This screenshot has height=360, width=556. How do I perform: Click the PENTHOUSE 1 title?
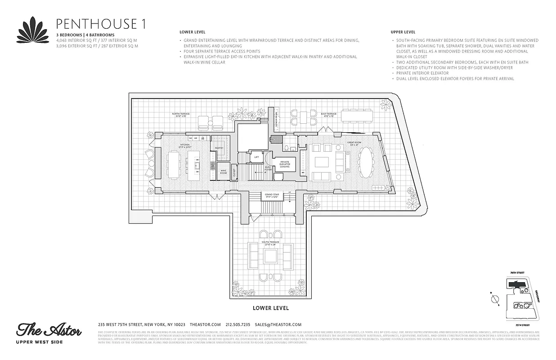100,24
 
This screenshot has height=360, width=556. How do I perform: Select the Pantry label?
219,148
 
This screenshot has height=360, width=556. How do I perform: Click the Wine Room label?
224,171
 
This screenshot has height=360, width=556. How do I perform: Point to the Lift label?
256,157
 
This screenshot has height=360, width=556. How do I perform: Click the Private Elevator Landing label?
285,164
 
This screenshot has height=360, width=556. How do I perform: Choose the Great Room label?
353,144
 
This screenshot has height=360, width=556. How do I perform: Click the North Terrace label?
181,115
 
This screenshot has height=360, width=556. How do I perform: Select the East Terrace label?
329,115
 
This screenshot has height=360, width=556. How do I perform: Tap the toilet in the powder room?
286,148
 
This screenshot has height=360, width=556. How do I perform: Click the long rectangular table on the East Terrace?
357,116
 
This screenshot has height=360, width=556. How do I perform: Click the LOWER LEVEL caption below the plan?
270,308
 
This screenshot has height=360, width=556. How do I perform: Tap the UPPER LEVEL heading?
403,32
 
